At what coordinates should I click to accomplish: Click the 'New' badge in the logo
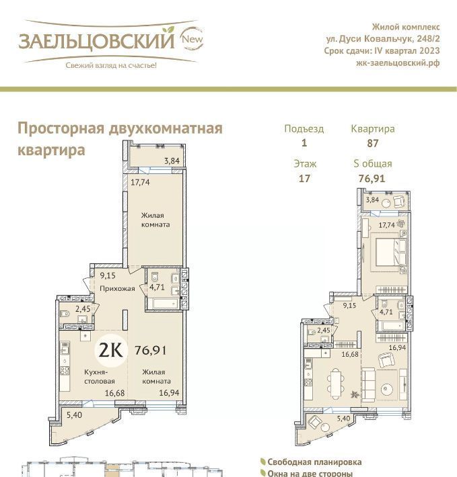[x=192, y=39]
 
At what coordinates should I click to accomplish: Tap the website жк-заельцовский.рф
[x=398, y=63]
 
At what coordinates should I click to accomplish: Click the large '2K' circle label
[x=111, y=350]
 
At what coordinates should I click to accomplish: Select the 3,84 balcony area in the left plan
[x=172, y=161]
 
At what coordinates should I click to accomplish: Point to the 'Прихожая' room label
[x=117, y=288]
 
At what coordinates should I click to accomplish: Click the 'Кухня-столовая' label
[x=100, y=376]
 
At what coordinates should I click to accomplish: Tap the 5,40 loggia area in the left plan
[x=74, y=415]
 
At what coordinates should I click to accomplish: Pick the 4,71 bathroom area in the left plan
[x=157, y=287]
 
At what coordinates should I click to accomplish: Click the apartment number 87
[x=373, y=143]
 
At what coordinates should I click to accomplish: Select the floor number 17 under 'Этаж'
[x=304, y=179]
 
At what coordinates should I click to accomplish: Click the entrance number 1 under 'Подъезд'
[x=304, y=143]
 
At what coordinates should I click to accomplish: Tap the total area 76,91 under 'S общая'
[x=372, y=179]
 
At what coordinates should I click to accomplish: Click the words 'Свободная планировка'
[x=314, y=462]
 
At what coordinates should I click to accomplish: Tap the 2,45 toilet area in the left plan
[x=83, y=309]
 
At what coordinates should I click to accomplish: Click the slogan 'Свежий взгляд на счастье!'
[x=111, y=65]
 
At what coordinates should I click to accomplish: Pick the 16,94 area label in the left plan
[x=169, y=393]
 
